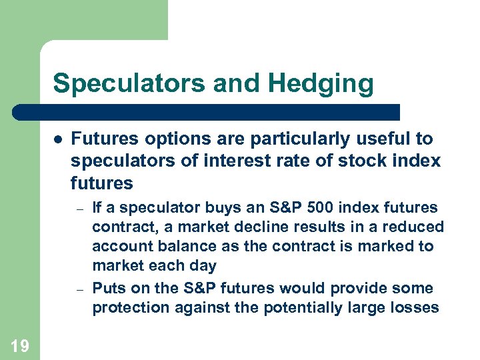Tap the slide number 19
20,345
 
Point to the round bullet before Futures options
58,140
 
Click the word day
203,266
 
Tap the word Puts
109,289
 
